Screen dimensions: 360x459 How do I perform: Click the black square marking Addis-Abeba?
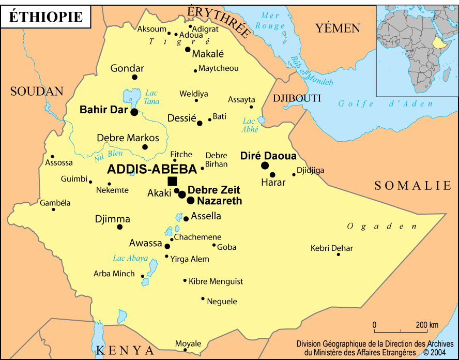coord(172,181)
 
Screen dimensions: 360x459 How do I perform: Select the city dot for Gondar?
coord(135,77)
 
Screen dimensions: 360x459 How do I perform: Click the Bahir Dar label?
coord(103,110)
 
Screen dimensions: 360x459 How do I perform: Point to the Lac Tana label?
coord(151,97)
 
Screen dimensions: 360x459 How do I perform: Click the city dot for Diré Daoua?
coord(265,166)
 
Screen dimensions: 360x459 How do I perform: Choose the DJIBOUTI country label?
coord(297,98)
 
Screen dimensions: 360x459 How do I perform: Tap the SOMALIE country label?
coord(413,185)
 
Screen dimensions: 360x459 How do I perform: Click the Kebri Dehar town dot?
coord(339,254)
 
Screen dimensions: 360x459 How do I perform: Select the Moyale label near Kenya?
coord(188,343)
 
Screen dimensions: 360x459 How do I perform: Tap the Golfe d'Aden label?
coord(386,104)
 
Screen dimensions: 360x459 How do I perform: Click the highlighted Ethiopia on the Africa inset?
coord(440,44)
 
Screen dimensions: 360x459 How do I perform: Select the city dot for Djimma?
coord(120,227)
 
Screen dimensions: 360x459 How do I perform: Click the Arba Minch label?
coord(114,274)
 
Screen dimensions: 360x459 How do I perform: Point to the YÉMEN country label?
coord(338,28)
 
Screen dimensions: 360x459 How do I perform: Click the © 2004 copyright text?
coord(434,352)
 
